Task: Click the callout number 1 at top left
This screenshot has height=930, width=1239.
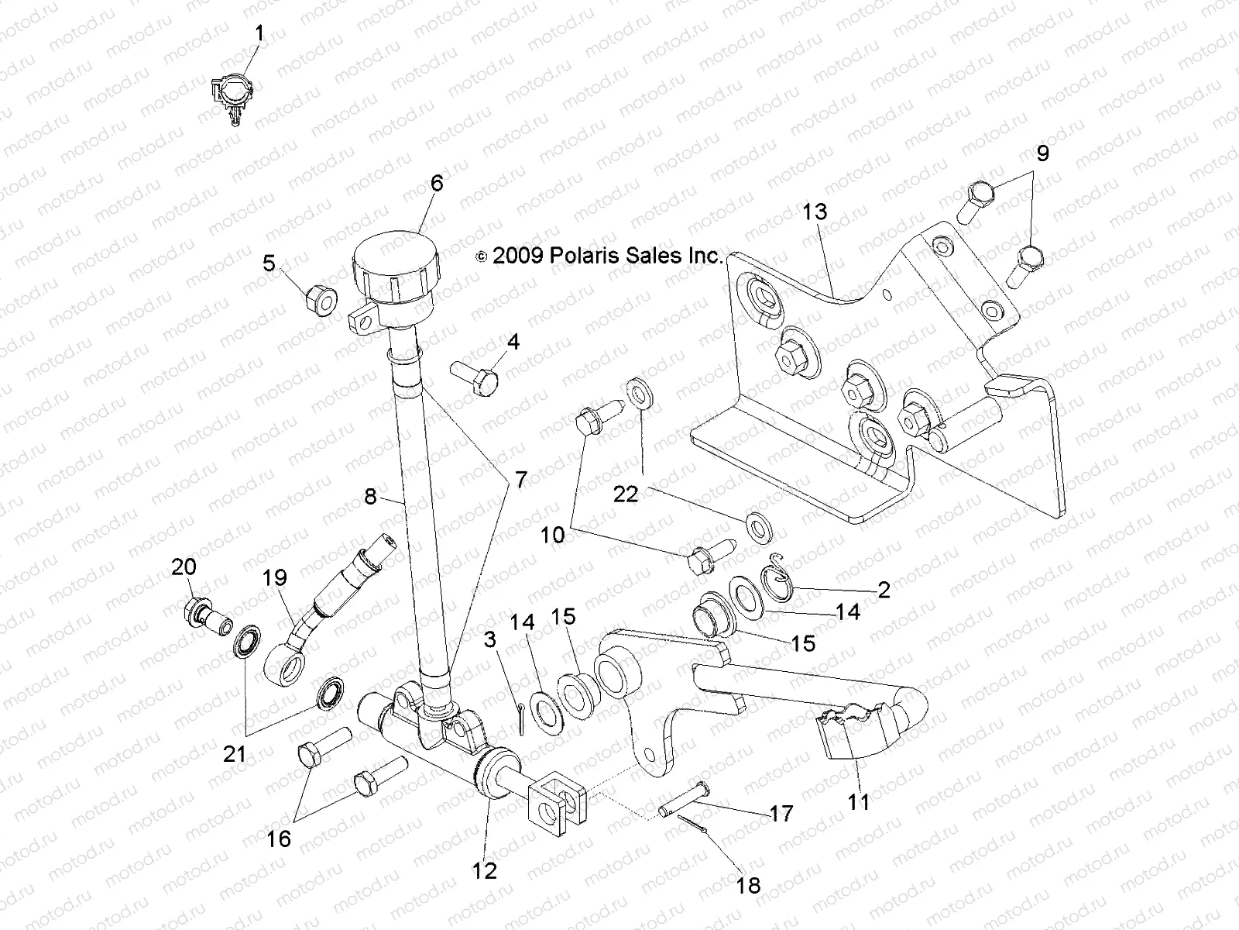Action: [x=259, y=33]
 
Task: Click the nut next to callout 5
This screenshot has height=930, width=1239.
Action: [x=318, y=300]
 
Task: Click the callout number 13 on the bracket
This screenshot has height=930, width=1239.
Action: [x=814, y=212]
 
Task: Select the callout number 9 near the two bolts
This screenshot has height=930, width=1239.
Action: [x=1042, y=153]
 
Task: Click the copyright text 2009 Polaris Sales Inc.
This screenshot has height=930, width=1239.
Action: [x=599, y=256]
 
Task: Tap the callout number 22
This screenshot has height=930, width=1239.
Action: [x=626, y=494]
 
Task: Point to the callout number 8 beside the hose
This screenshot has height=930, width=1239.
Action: [x=370, y=496]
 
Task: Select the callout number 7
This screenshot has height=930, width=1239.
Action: [x=520, y=480]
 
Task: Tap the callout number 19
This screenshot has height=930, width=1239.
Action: [x=274, y=577]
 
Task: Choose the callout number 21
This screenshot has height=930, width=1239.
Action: [x=235, y=753]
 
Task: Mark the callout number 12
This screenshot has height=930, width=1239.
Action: [x=485, y=870]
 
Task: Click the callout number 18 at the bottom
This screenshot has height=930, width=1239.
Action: [x=749, y=884]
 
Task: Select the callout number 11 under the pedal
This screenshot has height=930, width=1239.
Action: [x=859, y=802]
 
